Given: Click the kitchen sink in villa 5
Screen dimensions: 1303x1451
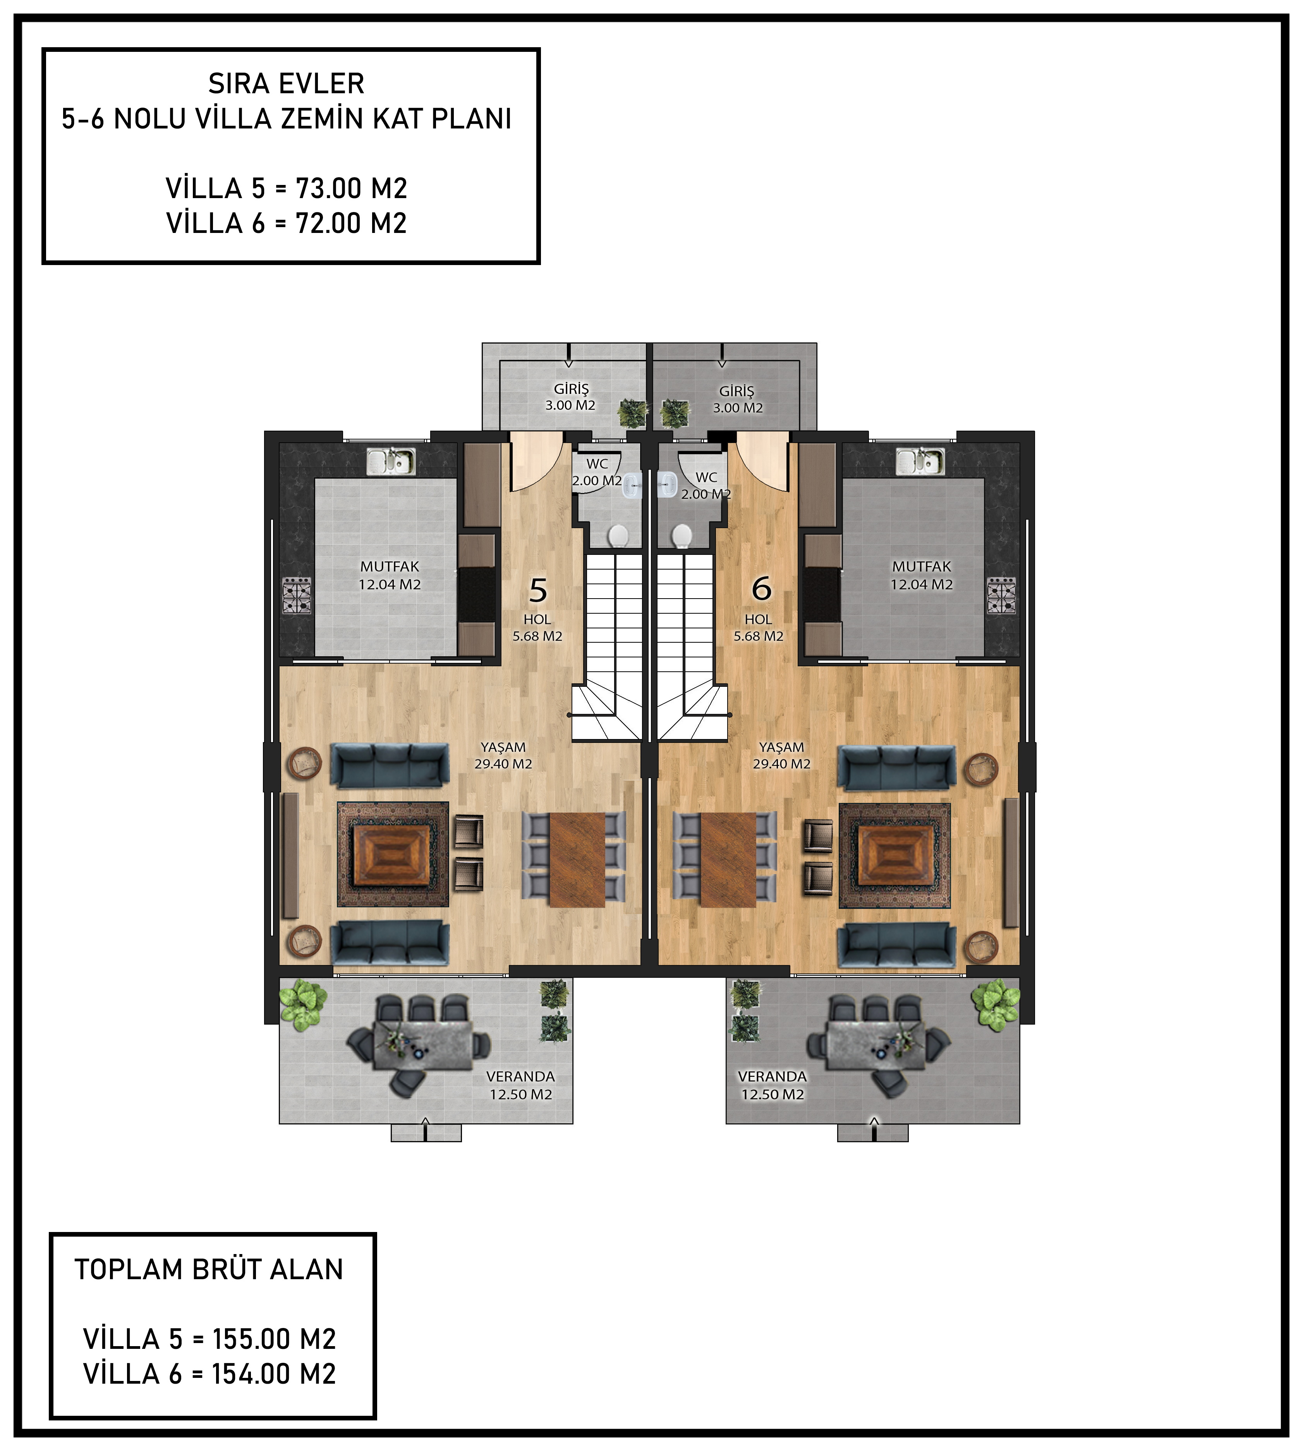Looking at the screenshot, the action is [x=390, y=462].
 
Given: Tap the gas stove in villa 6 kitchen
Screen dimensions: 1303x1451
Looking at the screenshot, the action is [x=1001, y=595].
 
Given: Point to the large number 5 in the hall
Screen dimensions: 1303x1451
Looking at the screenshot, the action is [x=538, y=591].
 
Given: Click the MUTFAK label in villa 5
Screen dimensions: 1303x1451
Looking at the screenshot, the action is [x=390, y=566].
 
